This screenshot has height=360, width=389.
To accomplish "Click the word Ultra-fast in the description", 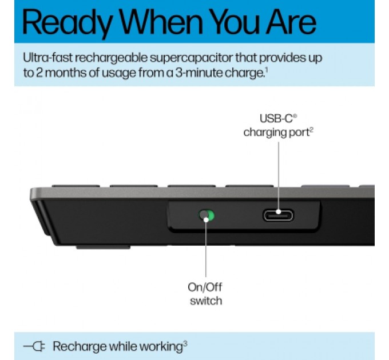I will click(46, 58).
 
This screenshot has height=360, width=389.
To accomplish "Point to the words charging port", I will click(277, 132).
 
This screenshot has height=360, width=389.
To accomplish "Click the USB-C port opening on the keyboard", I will click(278, 215).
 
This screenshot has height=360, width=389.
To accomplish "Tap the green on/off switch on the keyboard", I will click(206, 215).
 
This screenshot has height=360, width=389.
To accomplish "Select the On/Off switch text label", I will click(205, 294).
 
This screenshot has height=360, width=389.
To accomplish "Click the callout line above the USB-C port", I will click(278, 171).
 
